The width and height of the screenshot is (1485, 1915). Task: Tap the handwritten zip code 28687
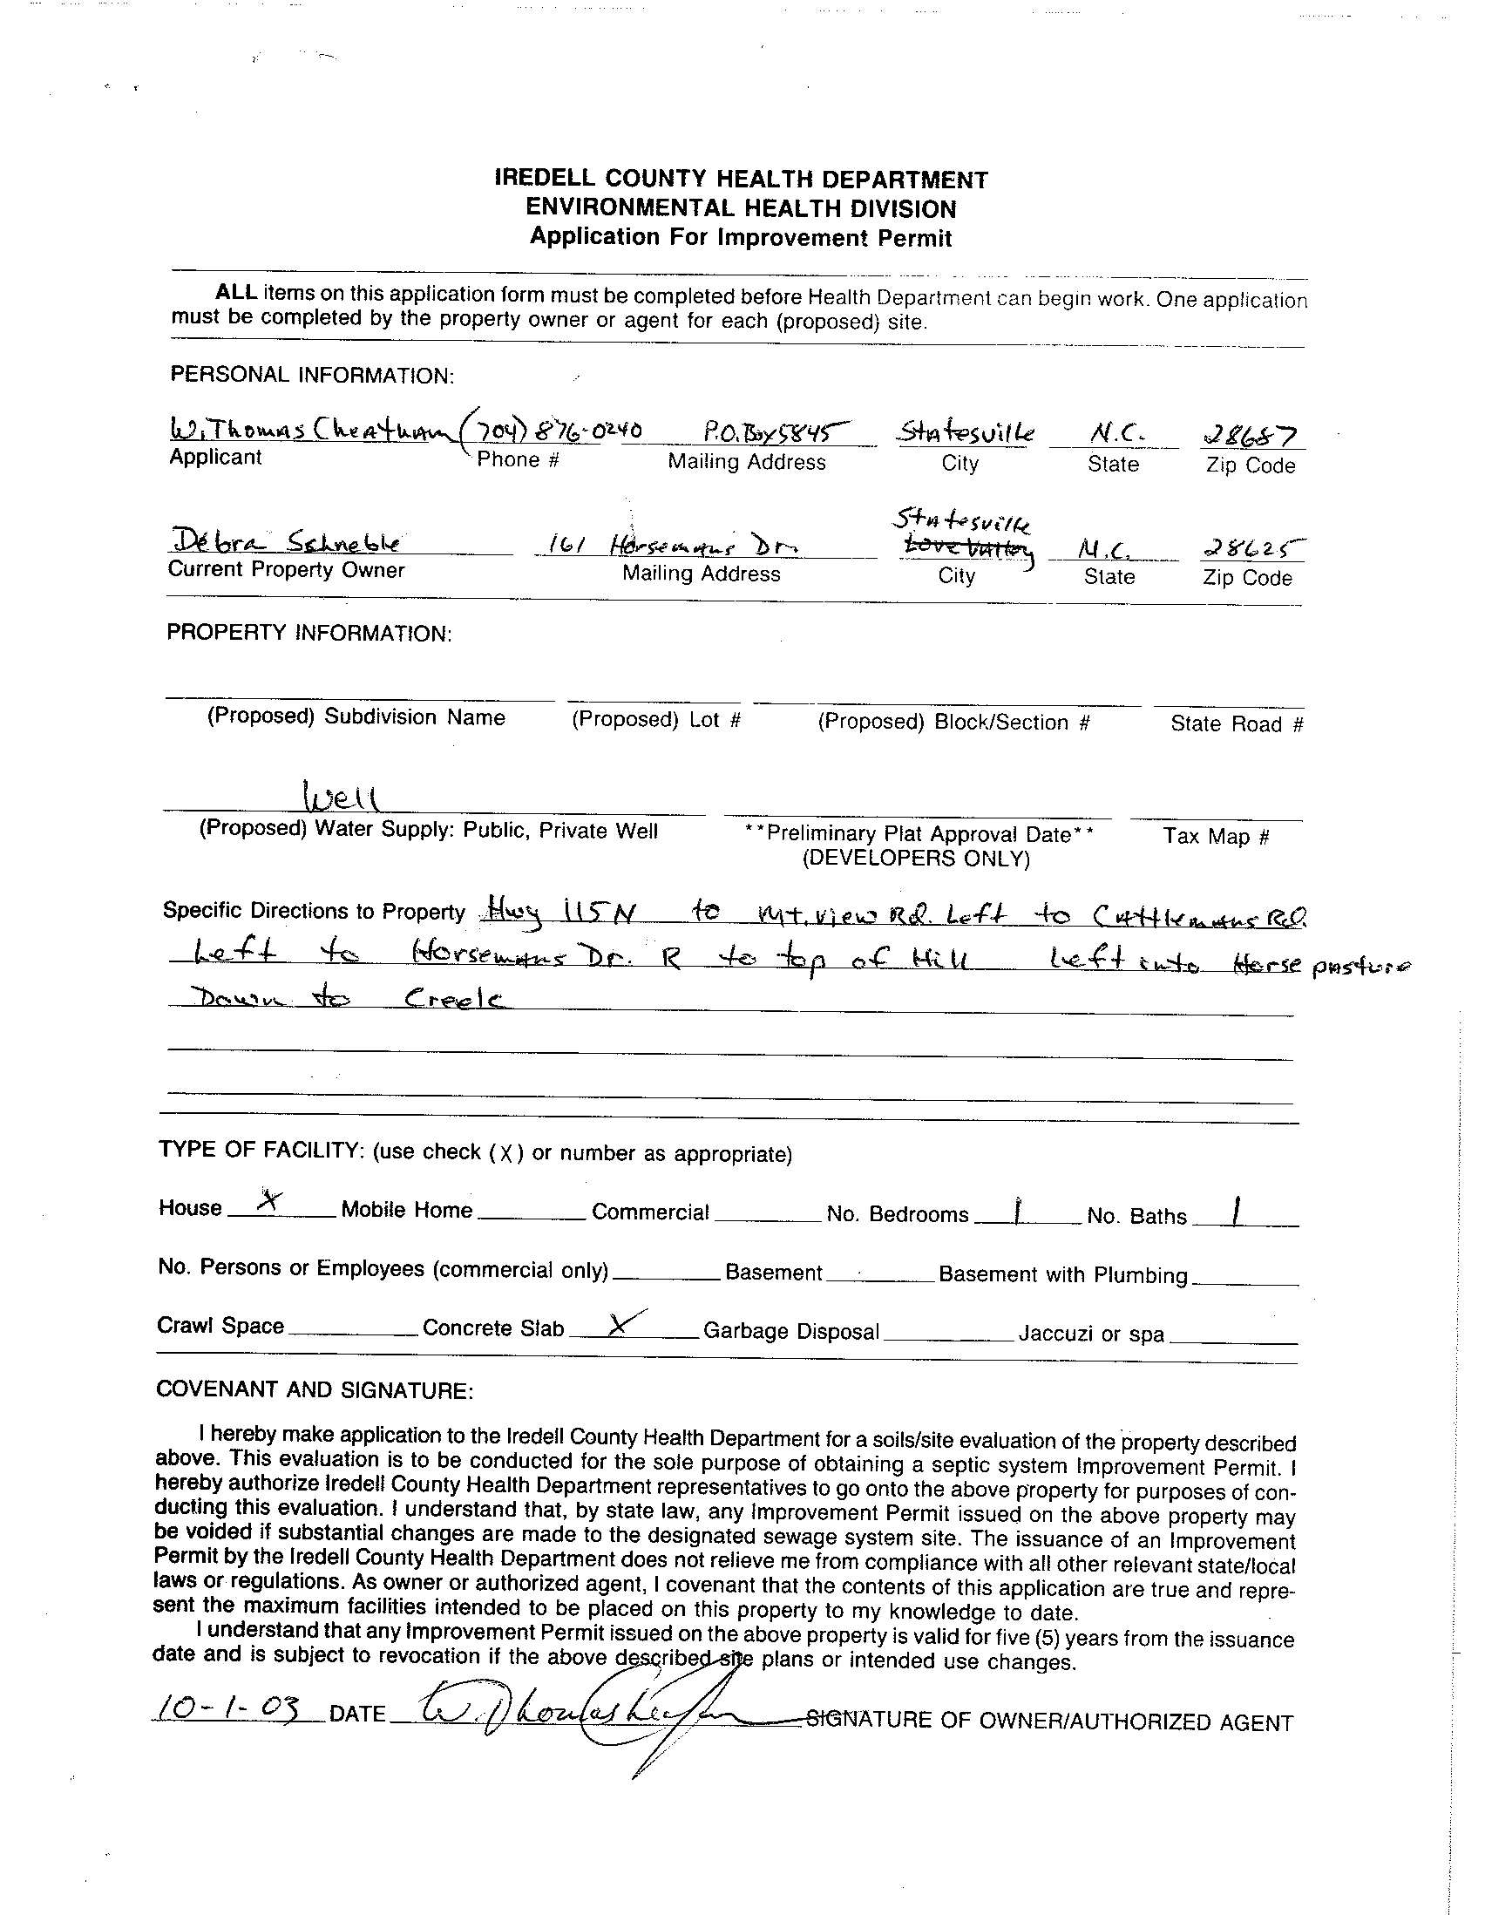click(1251, 435)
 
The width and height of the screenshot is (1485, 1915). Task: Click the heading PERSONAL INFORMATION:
click(312, 376)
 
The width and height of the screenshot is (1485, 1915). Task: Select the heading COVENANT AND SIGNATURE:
click(315, 1389)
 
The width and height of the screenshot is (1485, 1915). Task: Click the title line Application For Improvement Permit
click(741, 238)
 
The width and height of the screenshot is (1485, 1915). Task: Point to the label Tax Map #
click(1216, 836)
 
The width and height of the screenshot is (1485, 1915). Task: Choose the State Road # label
click(1237, 723)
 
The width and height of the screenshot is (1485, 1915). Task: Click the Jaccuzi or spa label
click(1091, 1334)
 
